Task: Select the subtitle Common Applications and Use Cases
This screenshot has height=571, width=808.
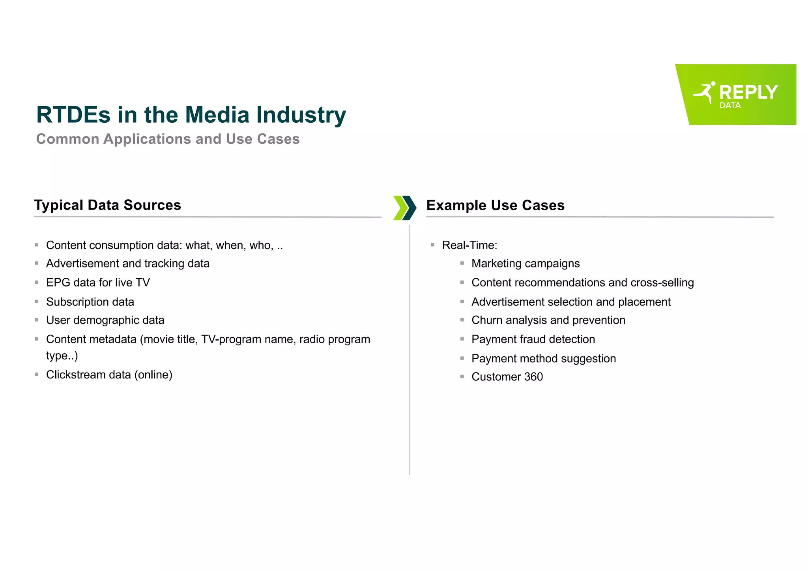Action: [168, 139]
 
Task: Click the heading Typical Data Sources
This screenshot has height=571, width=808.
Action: [107, 205]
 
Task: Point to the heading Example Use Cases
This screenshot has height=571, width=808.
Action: [495, 205]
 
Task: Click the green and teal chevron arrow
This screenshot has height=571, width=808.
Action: [405, 208]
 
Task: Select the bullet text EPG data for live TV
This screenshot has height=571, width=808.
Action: [98, 283]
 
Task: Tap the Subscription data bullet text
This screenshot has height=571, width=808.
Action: [90, 302]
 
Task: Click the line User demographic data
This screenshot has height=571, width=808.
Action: [105, 320]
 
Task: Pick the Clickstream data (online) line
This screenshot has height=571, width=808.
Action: [109, 374]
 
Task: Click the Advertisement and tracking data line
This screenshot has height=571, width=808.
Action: [127, 264]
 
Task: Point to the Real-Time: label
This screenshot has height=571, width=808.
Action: [469, 245]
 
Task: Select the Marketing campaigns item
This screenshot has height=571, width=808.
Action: [525, 264]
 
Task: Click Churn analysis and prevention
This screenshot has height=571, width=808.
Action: [548, 320]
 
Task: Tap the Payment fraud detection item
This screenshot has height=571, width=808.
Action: [533, 339]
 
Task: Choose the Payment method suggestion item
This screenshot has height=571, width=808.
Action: [543, 359]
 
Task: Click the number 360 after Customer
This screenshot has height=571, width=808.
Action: [533, 377]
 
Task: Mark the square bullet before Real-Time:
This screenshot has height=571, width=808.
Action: [432, 245]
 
